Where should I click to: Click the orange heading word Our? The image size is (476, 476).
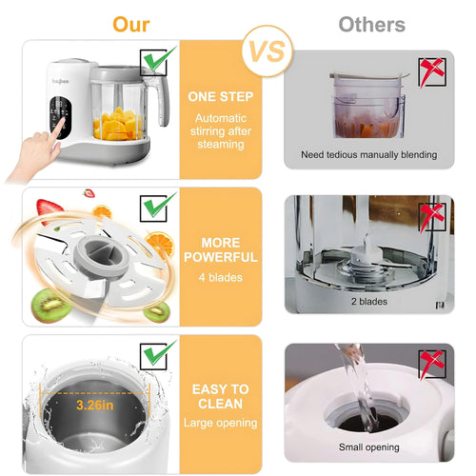tap(131, 23)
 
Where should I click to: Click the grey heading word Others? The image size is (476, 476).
tap(371, 24)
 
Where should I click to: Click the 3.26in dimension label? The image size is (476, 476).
tap(95, 405)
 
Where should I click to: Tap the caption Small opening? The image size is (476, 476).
tap(368, 446)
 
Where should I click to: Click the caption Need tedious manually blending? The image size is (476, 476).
tap(368, 154)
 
